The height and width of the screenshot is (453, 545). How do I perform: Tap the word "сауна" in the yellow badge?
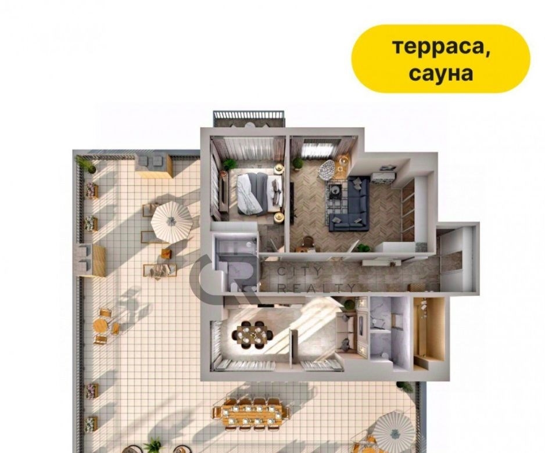[x=441, y=73]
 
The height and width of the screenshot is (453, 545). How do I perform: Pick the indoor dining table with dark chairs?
[x=253, y=334]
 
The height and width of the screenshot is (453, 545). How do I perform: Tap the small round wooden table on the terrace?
[x=101, y=326]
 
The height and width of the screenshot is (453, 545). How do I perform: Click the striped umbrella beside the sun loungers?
[x=172, y=222]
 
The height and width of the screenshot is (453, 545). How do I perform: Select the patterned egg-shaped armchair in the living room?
[x=328, y=169]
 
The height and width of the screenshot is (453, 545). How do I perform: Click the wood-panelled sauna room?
[x=429, y=333]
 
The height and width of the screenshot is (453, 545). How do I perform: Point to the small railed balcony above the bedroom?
[x=249, y=118]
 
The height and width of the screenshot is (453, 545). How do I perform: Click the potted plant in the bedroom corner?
[x=230, y=164]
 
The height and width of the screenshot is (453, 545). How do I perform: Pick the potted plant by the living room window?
[x=297, y=163]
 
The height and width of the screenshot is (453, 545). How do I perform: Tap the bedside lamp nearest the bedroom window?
[x=279, y=168]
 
